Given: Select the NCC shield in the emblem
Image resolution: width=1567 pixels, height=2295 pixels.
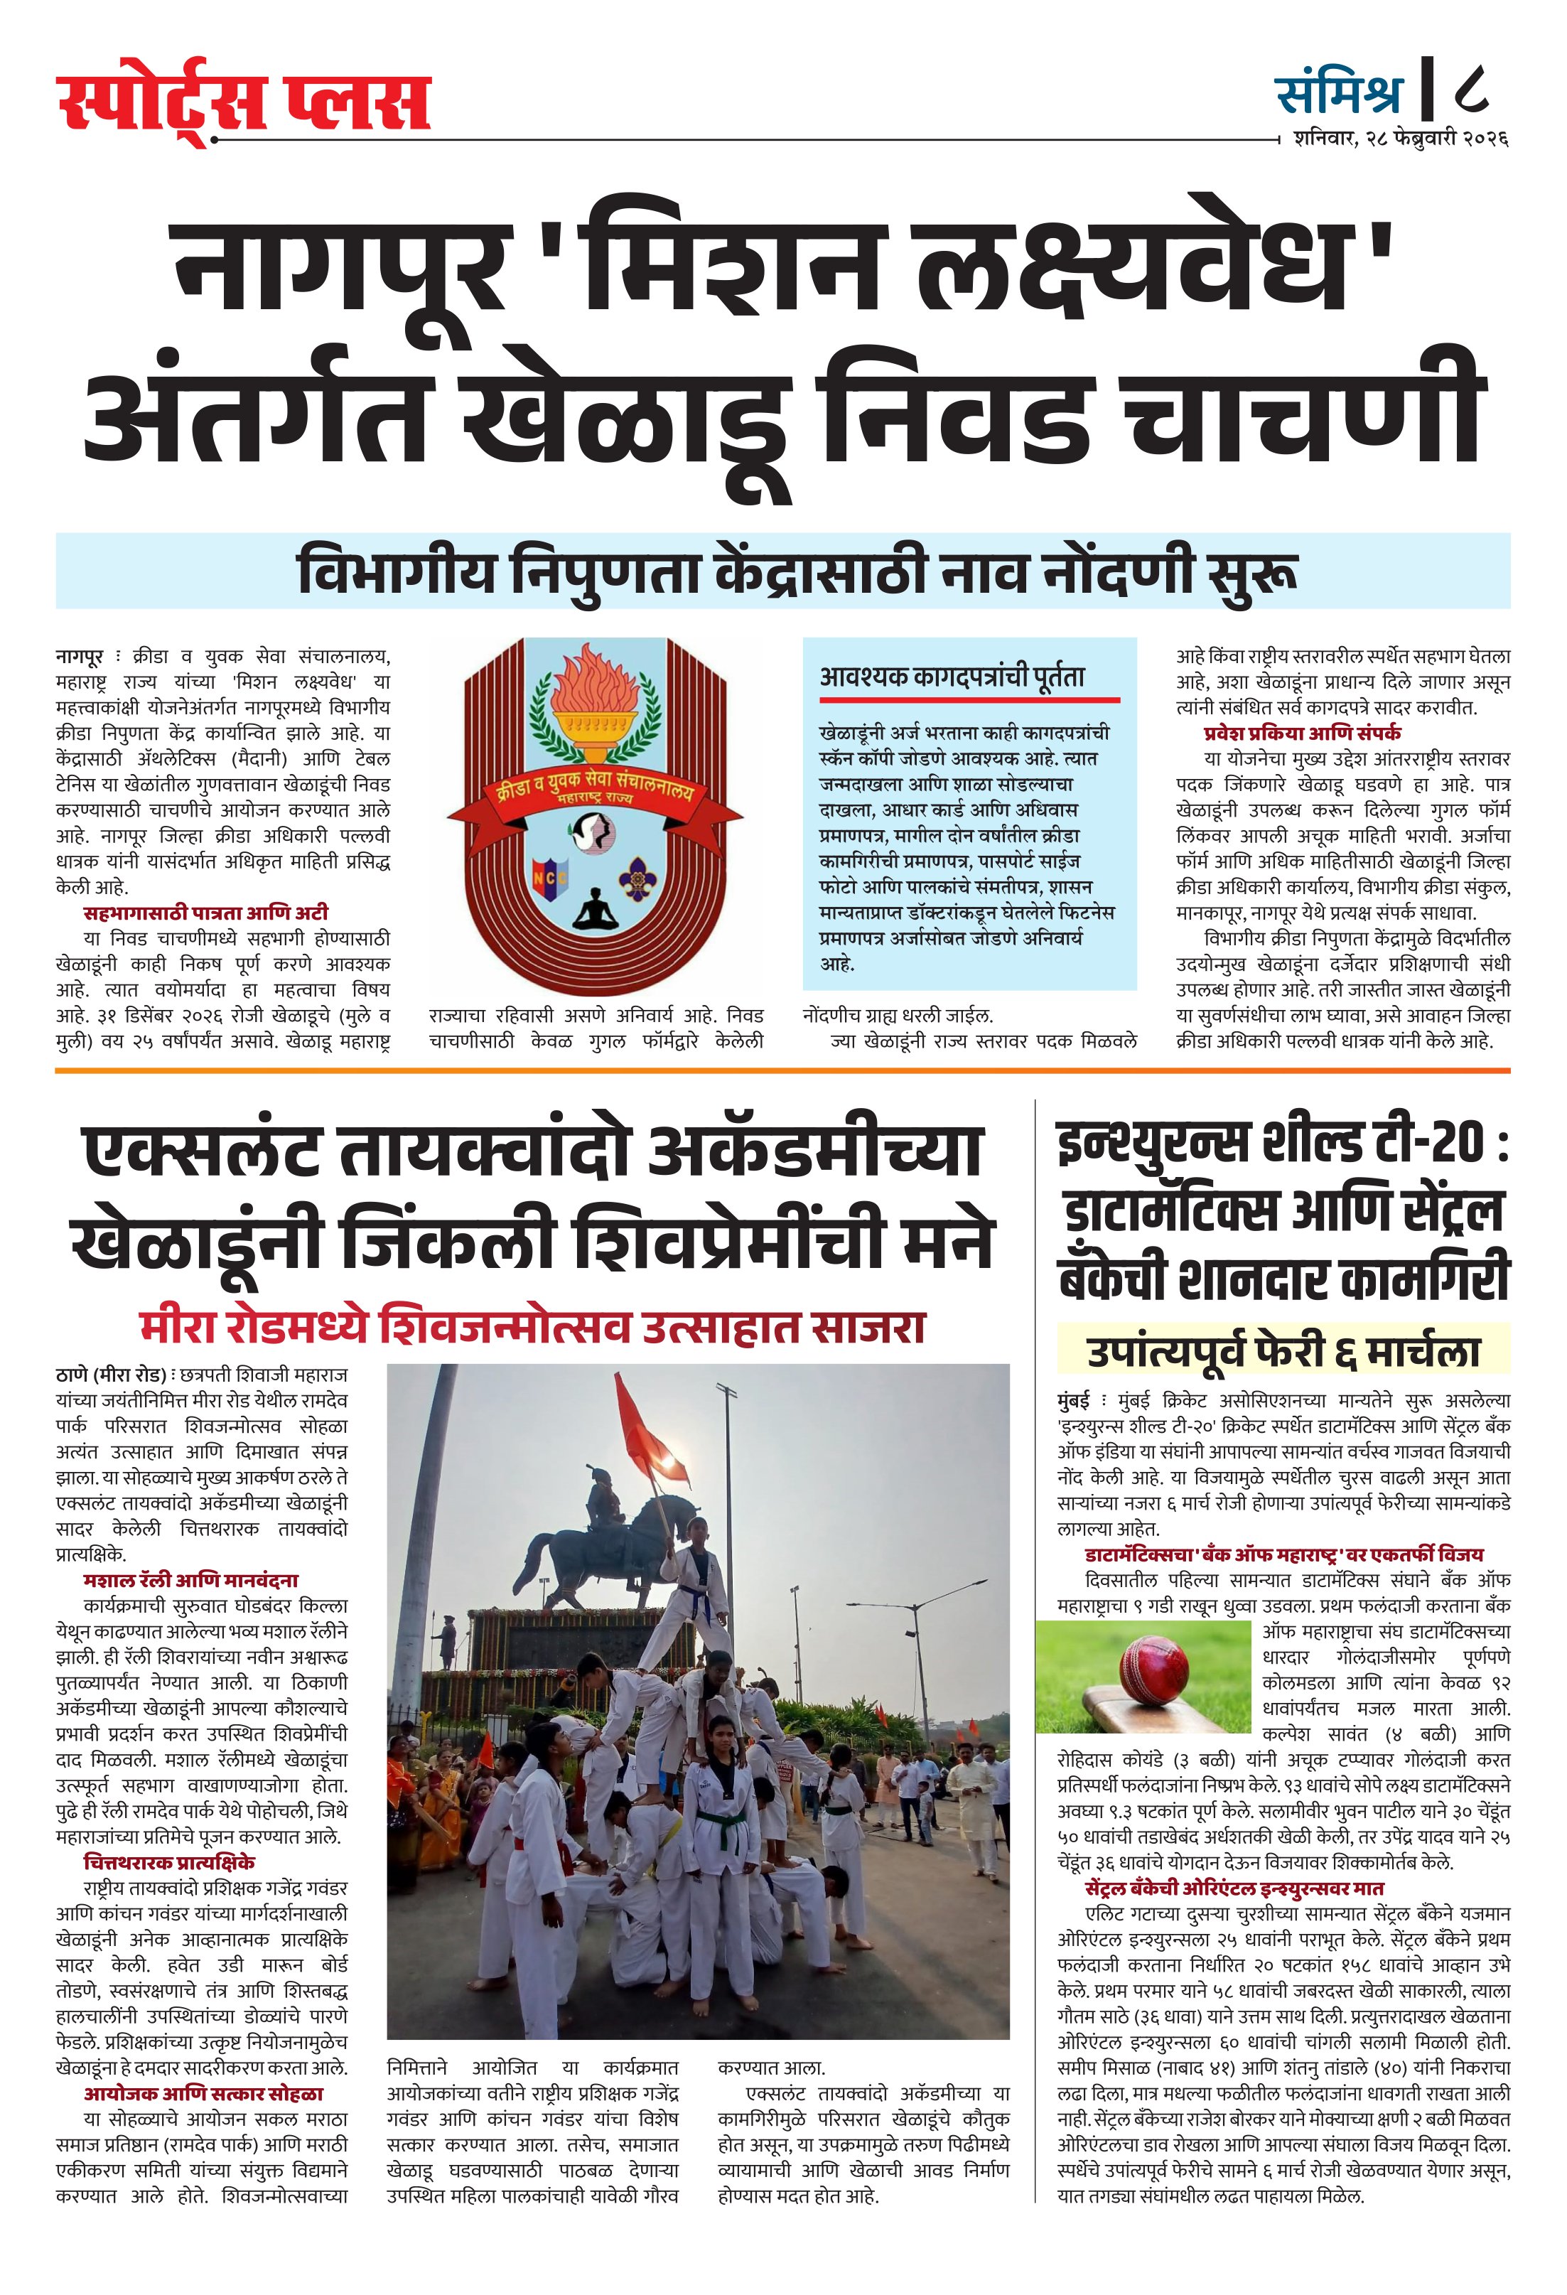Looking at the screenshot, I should [548, 875].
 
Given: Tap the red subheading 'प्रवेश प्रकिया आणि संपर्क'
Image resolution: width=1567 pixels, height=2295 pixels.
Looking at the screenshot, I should [1301, 733].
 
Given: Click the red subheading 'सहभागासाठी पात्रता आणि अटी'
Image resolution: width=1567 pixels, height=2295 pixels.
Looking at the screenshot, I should [205, 913].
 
